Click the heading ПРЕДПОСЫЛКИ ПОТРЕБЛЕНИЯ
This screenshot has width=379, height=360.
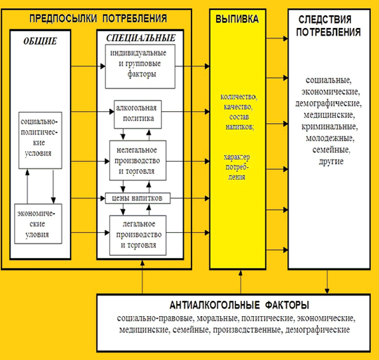pos(98,19)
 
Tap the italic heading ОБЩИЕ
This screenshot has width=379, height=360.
pos(40,41)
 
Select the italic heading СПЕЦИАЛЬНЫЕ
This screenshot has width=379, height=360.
pos(141,38)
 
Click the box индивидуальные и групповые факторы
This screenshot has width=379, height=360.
pos(140,67)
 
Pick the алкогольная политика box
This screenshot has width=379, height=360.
pos(138,114)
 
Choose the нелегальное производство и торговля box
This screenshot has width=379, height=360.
pos(138,160)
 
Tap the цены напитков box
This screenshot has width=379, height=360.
pos(138,198)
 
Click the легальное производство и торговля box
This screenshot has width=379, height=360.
pos(138,235)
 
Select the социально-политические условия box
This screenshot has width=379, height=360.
pos(41,140)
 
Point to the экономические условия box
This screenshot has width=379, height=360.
pos(38,224)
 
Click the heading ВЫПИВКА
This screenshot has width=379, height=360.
pos(237,19)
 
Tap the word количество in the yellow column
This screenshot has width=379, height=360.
pos(239,96)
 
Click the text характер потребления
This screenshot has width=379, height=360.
pos(237,167)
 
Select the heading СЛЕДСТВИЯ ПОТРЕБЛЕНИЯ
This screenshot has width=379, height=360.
pos(328,26)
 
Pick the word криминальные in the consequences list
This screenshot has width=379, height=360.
pos(330,127)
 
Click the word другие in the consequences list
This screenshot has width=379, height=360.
pos(331,162)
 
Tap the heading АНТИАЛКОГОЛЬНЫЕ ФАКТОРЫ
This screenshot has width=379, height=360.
pos(239,305)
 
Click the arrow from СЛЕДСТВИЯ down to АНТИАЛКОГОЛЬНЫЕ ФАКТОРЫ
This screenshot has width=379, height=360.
pos(327,281)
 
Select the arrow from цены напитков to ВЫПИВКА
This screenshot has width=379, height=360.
pos(190,198)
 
